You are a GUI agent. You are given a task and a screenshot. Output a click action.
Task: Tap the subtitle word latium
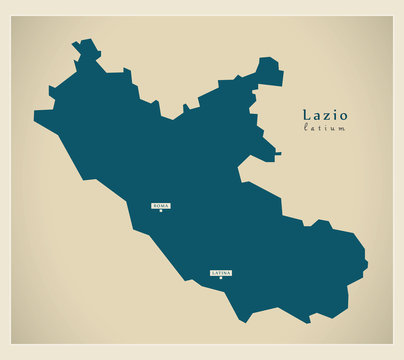[324, 128]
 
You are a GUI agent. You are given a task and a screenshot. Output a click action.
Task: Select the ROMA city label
[160, 205]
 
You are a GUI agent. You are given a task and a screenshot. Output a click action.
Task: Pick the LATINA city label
[221, 272]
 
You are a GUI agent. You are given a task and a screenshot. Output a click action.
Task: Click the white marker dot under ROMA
[160, 211]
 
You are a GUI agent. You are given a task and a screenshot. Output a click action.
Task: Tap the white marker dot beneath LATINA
[221, 278]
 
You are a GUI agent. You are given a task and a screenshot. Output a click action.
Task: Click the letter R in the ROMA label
[154, 205]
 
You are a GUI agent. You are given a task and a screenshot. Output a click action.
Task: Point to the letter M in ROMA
[162, 205]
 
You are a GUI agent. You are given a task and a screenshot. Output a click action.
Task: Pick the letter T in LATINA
[218, 272]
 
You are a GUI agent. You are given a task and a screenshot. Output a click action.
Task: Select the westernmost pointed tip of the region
[35, 118]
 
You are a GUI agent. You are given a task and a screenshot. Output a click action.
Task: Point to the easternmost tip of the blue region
[367, 265]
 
